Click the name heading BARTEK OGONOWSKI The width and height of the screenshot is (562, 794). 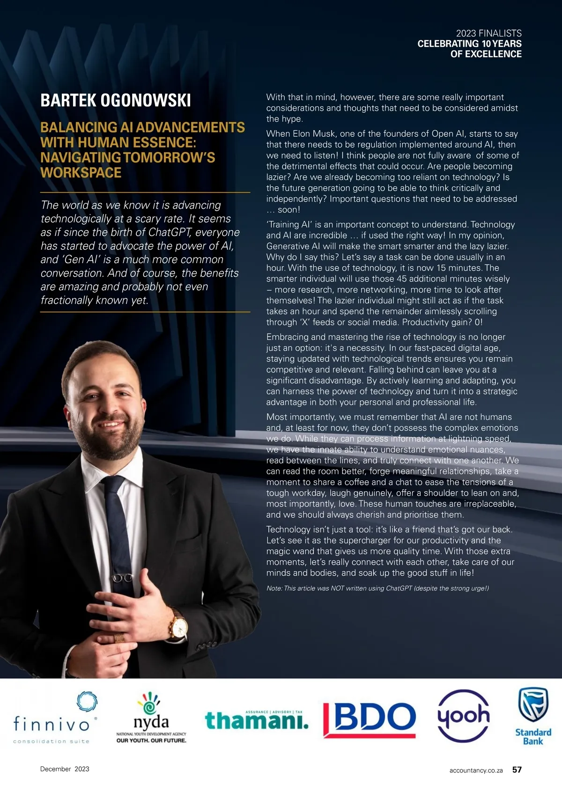[x=116, y=101]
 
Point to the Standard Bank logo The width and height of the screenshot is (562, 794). [x=533, y=716]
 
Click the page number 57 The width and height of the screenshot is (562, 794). [x=517, y=770]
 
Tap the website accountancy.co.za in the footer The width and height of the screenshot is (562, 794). [x=476, y=770]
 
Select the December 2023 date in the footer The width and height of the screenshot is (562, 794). [x=65, y=769]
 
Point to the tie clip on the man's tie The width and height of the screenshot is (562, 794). [x=123, y=578]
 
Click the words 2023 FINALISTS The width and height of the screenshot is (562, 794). [x=488, y=33]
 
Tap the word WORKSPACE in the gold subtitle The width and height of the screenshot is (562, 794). [x=81, y=173]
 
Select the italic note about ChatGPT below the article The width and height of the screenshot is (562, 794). [x=377, y=588]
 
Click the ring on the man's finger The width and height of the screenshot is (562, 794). [x=119, y=638]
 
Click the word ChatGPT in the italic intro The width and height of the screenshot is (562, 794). [x=170, y=233]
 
